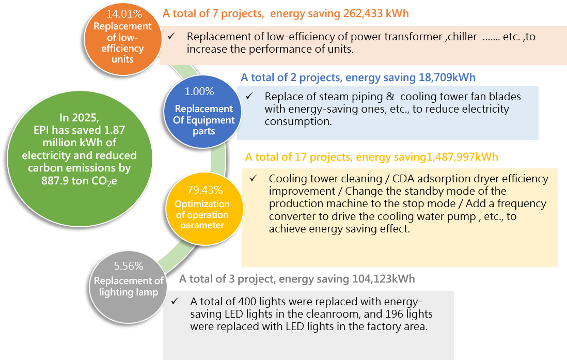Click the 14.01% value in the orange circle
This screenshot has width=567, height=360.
124,14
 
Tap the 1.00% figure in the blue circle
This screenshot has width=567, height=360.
199,91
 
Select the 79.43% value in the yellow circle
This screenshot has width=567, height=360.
204,190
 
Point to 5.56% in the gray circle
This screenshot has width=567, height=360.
129,266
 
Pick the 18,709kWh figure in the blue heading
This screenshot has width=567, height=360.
447,77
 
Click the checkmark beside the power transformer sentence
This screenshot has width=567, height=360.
171,36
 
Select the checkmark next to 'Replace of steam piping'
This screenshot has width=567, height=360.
249,96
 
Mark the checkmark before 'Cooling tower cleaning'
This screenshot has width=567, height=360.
254,178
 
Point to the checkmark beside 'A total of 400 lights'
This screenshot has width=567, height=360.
175,301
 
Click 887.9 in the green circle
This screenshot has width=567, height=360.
55,181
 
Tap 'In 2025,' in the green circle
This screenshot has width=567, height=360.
79,118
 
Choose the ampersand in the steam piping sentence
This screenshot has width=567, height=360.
390,97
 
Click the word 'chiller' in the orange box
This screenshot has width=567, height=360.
462,37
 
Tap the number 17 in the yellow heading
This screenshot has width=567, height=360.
301,157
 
